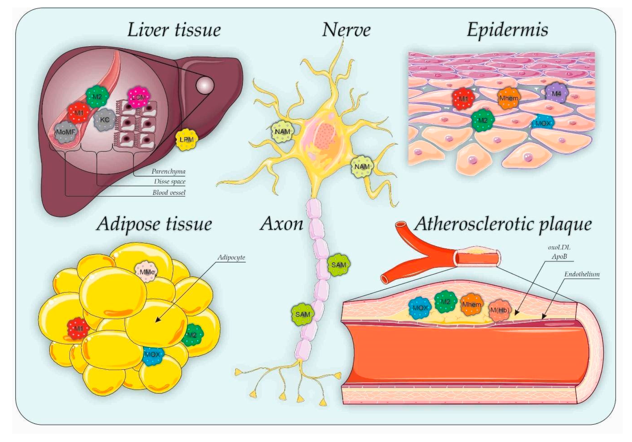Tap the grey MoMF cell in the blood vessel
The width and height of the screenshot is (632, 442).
point(66,132)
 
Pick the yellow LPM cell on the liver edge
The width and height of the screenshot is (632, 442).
point(187,140)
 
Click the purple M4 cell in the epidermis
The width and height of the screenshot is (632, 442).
point(556,94)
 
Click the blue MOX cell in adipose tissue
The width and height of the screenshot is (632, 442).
point(153,355)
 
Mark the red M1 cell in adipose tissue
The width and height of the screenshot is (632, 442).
point(79,328)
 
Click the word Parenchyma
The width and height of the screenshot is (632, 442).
point(168,171)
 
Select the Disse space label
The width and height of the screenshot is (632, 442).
point(170,182)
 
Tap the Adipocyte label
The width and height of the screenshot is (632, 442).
point(231,257)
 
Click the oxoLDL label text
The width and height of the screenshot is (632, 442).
point(559,247)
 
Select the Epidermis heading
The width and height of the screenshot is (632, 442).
point(507,30)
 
